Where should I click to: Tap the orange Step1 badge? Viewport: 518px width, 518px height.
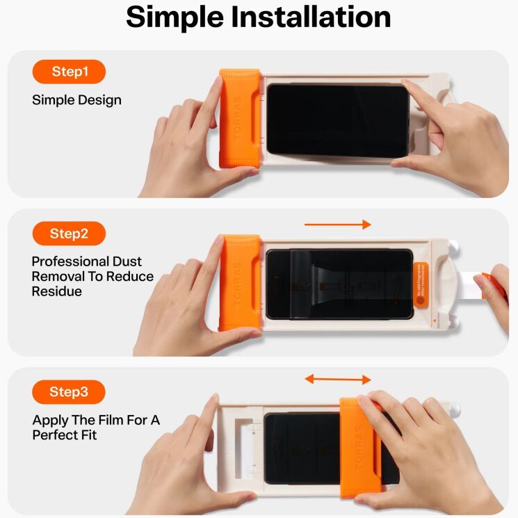coord(69,72)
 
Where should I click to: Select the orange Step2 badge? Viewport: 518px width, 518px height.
coord(69,234)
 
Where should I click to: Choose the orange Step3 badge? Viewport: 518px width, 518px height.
coord(69,392)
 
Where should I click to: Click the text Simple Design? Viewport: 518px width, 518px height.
coord(76,100)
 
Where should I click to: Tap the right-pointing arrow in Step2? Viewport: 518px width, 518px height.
coord(338,225)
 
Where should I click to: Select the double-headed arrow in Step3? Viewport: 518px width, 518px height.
coord(338,379)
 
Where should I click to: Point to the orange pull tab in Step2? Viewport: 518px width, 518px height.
coord(495,285)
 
